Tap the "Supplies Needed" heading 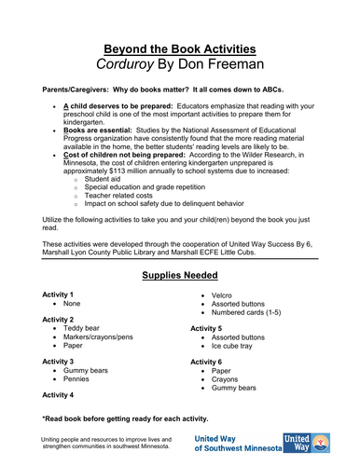[179, 276]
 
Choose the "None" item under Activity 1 [75, 305]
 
